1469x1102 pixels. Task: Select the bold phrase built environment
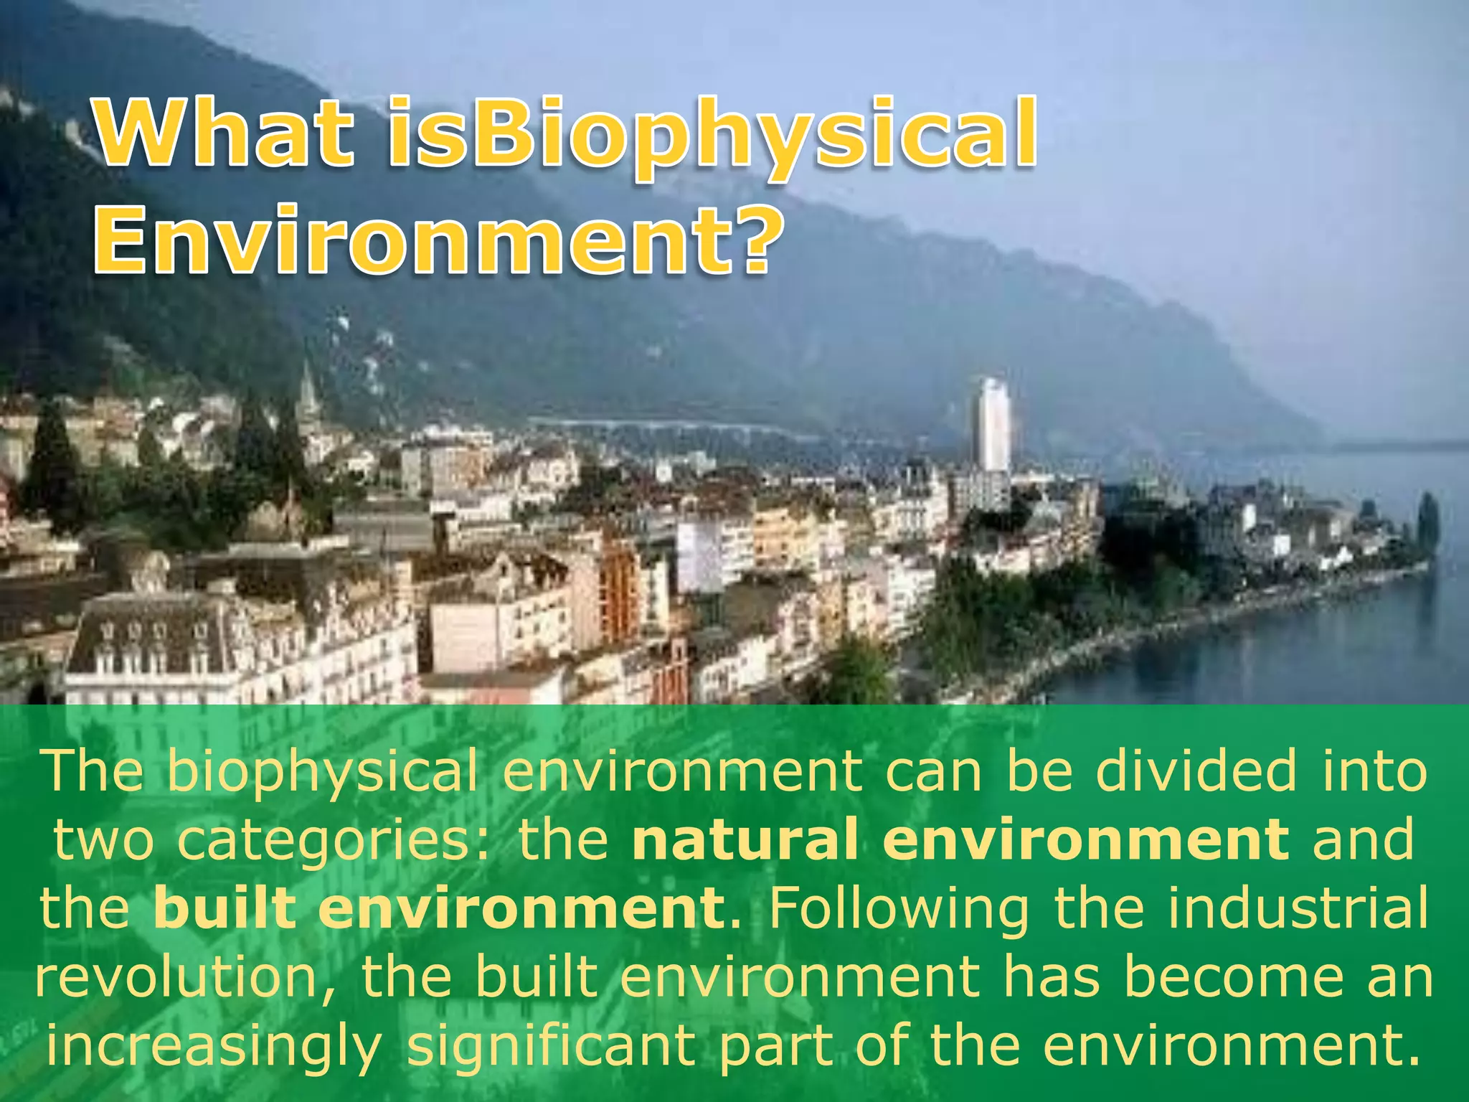pos(438,907)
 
